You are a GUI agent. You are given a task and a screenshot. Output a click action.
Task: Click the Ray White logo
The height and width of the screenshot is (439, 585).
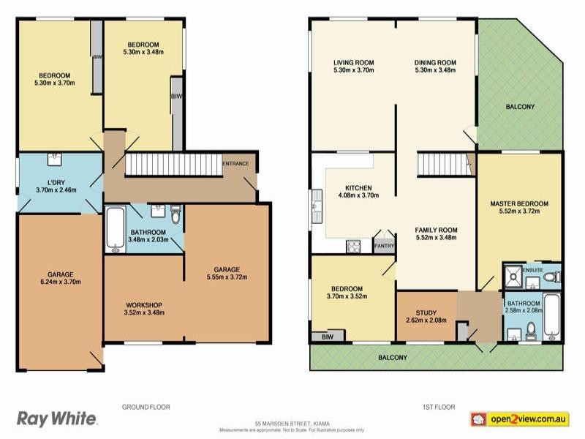click(57, 419)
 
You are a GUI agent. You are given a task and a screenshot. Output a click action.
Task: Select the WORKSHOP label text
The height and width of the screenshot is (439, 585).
click(143, 304)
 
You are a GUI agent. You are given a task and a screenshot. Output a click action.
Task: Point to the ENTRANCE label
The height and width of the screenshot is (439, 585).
click(236, 163)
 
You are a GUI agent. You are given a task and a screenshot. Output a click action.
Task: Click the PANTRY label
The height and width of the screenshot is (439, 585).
click(385, 246)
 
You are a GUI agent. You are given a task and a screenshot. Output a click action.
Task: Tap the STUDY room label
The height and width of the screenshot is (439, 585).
click(425, 312)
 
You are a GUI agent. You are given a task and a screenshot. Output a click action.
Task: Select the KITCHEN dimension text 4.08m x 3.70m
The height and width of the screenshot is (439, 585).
click(358, 196)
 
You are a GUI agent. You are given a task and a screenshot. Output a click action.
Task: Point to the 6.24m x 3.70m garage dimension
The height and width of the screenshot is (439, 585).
click(59, 281)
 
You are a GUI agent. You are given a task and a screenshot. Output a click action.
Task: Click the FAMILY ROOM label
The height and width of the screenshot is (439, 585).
click(436, 230)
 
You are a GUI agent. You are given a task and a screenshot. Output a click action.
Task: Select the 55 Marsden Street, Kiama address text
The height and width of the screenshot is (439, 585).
click(290, 424)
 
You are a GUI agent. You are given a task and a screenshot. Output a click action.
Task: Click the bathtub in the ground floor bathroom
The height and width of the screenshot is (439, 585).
click(115, 230)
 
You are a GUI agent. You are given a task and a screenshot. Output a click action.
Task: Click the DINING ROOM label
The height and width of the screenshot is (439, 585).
click(435, 62)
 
